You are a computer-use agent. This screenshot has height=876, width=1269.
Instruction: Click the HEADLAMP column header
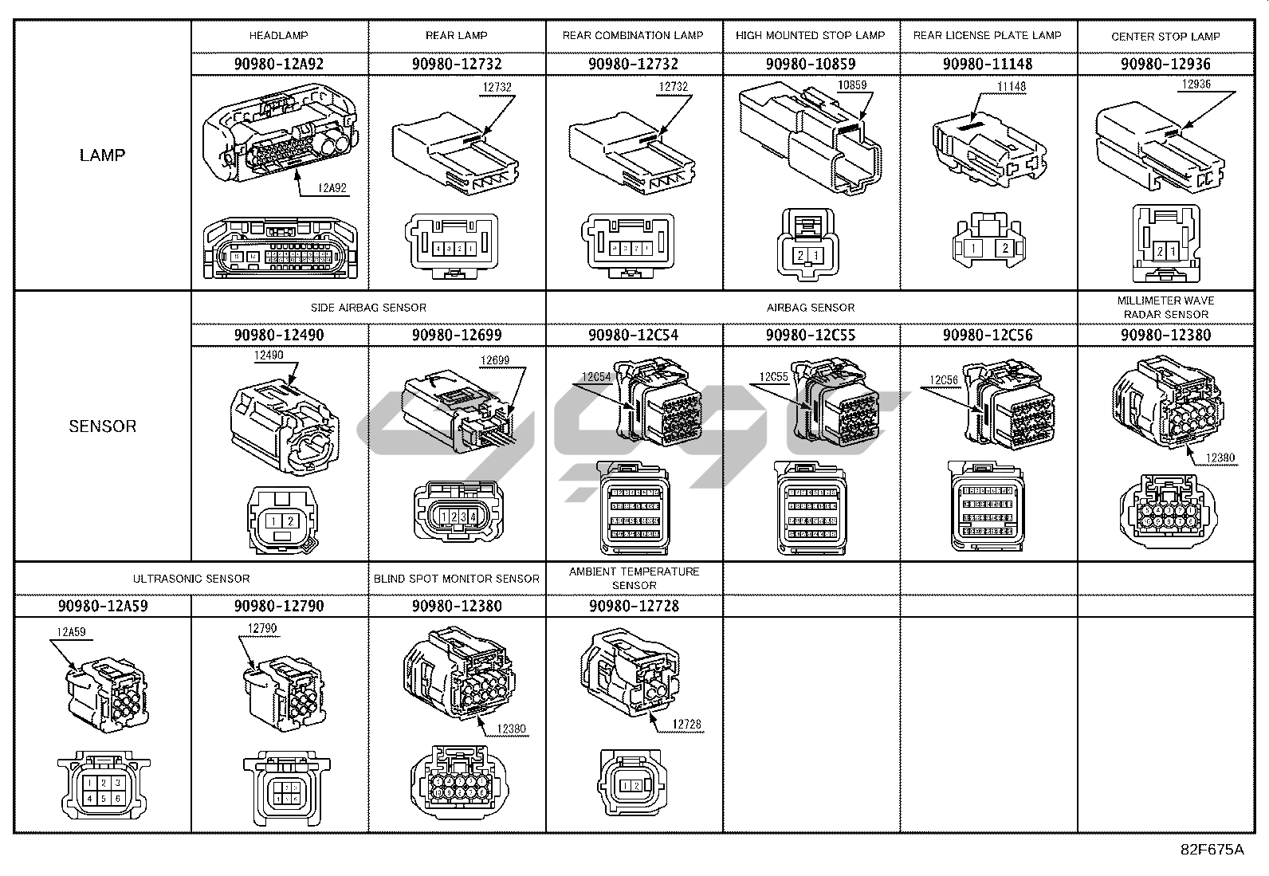pos(278,36)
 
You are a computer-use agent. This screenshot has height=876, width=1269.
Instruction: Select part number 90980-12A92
pos(279,64)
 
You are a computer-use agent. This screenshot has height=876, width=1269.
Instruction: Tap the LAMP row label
pos(103,155)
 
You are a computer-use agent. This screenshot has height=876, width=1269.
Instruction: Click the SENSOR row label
pos(103,426)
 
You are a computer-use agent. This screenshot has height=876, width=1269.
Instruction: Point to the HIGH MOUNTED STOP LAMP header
pos(810,36)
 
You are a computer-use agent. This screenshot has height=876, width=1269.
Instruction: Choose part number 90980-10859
pos(810,64)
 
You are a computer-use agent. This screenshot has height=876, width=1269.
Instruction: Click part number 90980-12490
pos(279,336)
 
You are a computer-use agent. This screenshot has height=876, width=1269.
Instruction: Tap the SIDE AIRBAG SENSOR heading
pos(368,308)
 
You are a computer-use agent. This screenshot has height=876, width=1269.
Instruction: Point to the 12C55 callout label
pos(773,377)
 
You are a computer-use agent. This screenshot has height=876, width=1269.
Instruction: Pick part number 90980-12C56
pos(988,336)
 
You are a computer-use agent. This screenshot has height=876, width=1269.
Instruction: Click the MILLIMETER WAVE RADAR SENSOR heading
pos(1165,307)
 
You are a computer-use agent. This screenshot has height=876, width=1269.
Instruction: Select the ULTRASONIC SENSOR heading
pos(191,579)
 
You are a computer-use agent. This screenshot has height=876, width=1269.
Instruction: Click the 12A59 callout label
pos(70,633)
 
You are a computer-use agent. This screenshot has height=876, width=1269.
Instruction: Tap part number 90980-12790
pos(279,607)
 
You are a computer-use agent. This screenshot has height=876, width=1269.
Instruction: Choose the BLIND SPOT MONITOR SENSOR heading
pos(457,579)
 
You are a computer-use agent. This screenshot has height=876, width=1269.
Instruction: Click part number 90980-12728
pos(634,607)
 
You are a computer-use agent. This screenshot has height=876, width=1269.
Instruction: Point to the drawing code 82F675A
pos(1212,850)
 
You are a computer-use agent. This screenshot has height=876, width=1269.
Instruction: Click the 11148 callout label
pos(1012,86)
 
